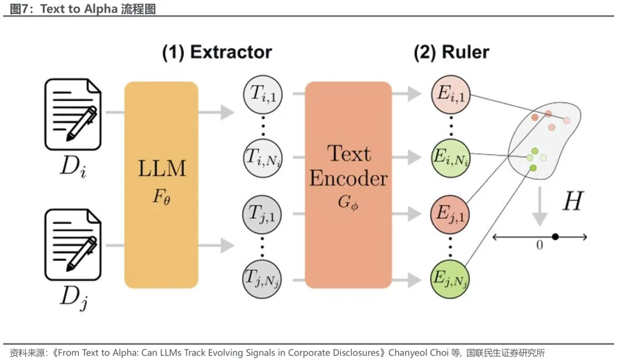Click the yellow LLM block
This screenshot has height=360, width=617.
pos(161,185)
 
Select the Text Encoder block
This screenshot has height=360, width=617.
pos(348,185)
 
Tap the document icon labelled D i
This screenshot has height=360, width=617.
pos(73,114)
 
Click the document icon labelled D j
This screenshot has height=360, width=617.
pos(73,245)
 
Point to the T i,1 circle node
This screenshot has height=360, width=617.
pos(263,95)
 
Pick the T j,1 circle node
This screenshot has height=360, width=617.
pos(262,215)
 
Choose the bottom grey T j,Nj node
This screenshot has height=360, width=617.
pos(262,279)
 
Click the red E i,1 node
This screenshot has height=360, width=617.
pos(451,95)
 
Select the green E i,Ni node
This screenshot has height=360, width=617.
pos(451,158)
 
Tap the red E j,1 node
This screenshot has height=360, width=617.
pos(450,215)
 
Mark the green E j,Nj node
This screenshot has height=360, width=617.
pos(450,279)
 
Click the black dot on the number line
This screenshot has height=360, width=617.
pos(555,237)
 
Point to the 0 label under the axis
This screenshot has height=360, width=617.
pos(539,245)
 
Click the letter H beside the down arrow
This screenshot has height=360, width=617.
pos(573,201)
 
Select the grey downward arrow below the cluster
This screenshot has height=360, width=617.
pos(540,206)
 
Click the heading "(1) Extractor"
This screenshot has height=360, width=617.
pos(217,52)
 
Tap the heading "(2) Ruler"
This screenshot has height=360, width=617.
pos(451,52)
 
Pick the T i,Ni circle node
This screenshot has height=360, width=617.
pos(263,158)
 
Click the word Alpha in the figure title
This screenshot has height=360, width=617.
pos(101,9)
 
